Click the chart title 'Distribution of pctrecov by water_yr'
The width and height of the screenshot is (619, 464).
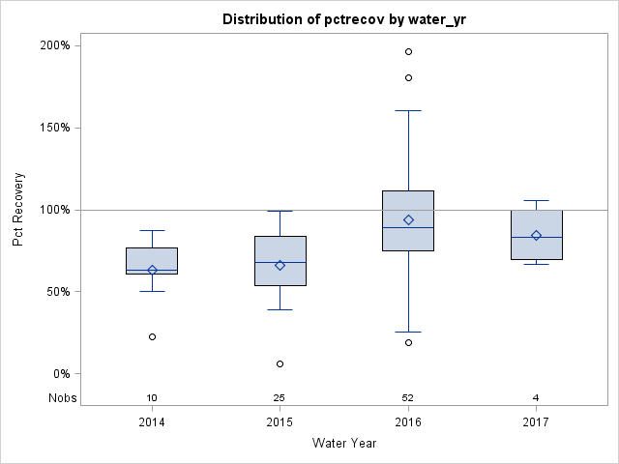(343, 19)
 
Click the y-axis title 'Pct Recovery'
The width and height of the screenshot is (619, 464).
(19, 210)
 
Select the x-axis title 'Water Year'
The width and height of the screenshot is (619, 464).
(343, 444)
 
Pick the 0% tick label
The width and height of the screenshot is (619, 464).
(60, 374)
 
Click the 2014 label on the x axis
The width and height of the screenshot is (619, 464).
(152, 422)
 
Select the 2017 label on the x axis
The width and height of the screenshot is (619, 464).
(536, 422)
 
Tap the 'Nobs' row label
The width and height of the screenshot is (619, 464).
(63, 398)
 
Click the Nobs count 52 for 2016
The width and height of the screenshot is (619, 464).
(408, 398)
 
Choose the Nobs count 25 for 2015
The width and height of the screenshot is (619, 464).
(280, 398)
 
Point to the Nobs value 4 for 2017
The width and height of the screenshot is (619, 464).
(536, 398)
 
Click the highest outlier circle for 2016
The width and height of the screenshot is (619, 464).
(408, 51)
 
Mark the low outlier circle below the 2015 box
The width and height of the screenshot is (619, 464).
(280, 363)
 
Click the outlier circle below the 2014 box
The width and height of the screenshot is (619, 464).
(152, 336)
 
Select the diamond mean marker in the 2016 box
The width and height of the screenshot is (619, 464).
(408, 219)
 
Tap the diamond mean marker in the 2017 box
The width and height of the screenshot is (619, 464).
(536, 235)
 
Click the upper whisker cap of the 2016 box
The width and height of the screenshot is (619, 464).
(408, 110)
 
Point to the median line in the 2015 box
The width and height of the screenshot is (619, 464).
(280, 262)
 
